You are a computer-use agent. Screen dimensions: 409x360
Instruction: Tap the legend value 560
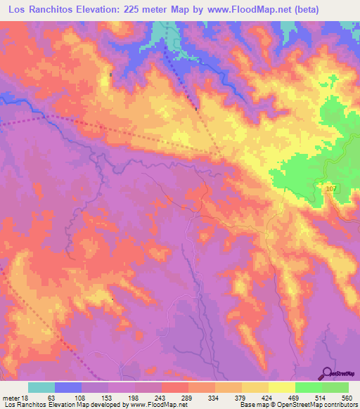click(x=345, y=397)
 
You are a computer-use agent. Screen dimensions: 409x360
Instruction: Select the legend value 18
click(x=25, y=397)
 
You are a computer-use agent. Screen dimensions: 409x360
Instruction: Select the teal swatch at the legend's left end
click(x=41, y=387)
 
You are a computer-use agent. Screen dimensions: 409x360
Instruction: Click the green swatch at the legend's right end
click(x=335, y=387)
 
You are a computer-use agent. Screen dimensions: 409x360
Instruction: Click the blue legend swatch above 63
click(x=68, y=387)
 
